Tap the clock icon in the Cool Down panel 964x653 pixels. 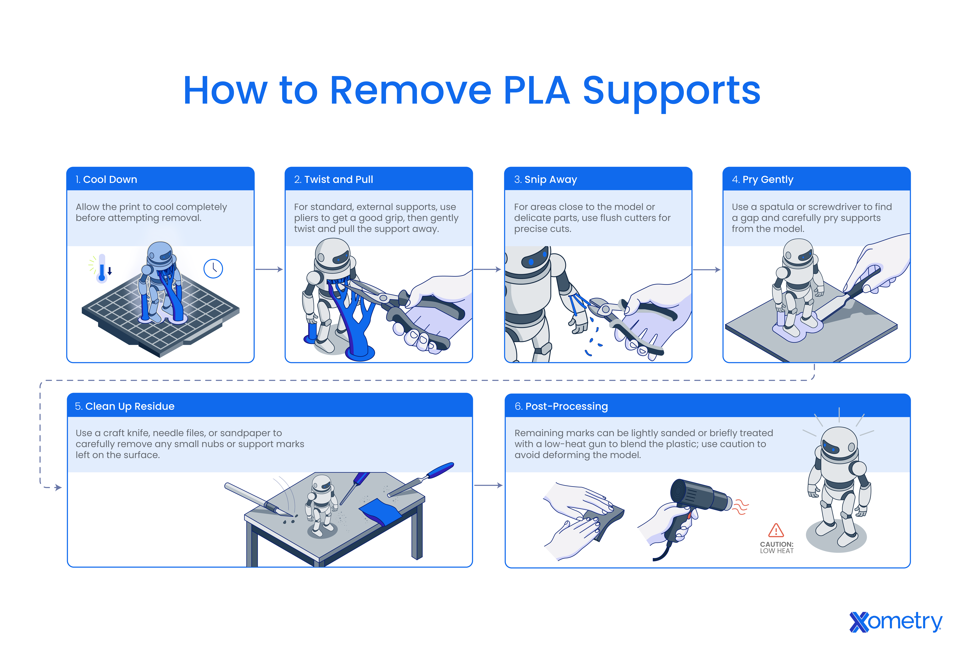pyautogui.click(x=213, y=269)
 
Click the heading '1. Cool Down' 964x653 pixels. pyautogui.click(x=106, y=180)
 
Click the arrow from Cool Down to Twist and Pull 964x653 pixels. pyautogui.click(x=269, y=270)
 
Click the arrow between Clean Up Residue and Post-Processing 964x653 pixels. pyautogui.click(x=488, y=485)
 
